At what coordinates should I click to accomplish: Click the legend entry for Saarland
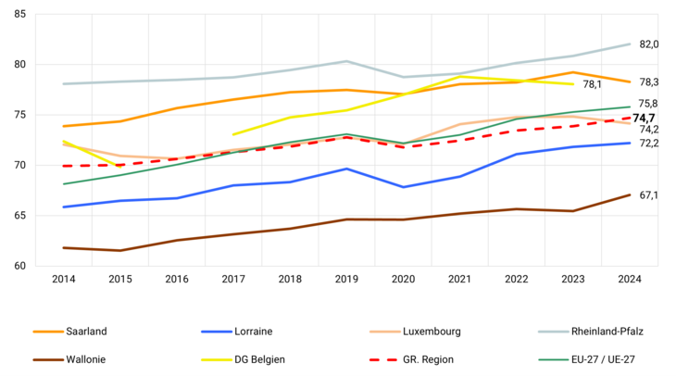click(84, 331)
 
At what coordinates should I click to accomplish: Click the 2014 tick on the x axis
click(64, 279)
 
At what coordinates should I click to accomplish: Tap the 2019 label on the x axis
click(346, 279)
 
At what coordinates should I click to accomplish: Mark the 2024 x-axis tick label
click(630, 279)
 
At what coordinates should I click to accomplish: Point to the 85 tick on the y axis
click(20, 14)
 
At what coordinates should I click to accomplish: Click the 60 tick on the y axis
click(20, 266)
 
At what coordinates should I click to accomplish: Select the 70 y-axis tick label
click(20, 165)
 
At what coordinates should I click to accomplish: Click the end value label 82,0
click(649, 44)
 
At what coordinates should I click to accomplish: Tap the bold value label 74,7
click(645, 118)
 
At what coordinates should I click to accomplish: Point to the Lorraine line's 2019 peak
click(346, 169)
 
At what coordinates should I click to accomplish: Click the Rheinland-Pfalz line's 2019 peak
click(346, 61)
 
